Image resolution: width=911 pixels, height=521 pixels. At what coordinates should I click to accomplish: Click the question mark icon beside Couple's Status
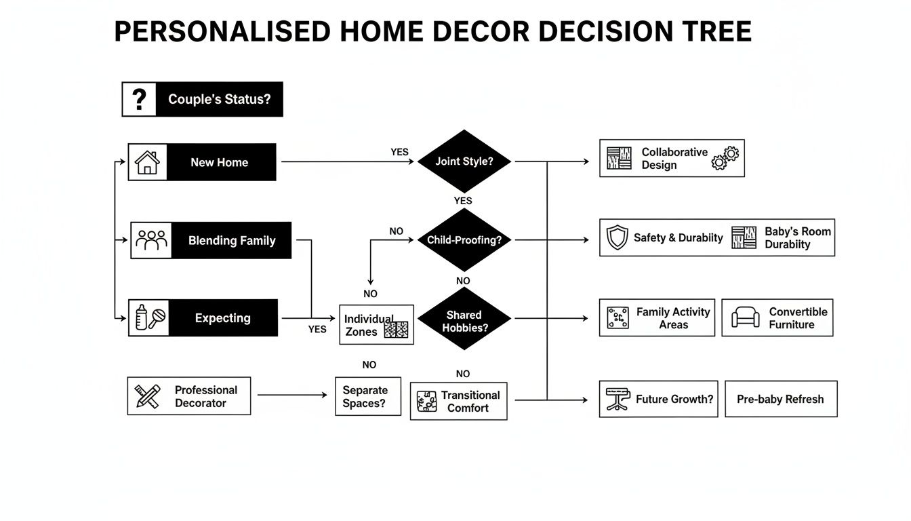tap(140, 99)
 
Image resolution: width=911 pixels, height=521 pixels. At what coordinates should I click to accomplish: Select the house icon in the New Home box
tap(147, 162)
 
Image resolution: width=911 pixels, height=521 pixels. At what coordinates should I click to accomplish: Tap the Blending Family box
tap(211, 240)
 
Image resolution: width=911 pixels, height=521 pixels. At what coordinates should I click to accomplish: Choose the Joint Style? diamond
tap(464, 161)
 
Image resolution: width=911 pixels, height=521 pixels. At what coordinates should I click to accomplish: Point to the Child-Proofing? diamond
tap(464, 240)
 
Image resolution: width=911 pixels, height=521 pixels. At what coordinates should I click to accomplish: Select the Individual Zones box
tap(376, 324)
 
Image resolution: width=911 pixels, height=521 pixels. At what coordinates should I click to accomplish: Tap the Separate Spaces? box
tap(367, 397)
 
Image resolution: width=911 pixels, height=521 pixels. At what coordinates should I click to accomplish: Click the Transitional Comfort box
tap(458, 401)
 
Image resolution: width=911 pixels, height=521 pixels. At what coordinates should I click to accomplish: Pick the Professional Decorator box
tap(188, 396)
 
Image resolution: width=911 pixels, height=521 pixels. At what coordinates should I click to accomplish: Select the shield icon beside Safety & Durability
tap(617, 238)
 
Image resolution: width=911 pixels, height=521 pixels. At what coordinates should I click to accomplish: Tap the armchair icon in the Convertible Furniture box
tap(745, 317)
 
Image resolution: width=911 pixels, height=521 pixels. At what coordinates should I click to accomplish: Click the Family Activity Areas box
tap(657, 318)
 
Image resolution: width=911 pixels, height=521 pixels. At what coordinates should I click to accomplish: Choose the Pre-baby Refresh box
tap(780, 399)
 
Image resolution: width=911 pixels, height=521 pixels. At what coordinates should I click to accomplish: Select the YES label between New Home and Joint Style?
tap(399, 152)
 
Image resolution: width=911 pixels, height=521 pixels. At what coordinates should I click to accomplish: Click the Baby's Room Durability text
tap(797, 237)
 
